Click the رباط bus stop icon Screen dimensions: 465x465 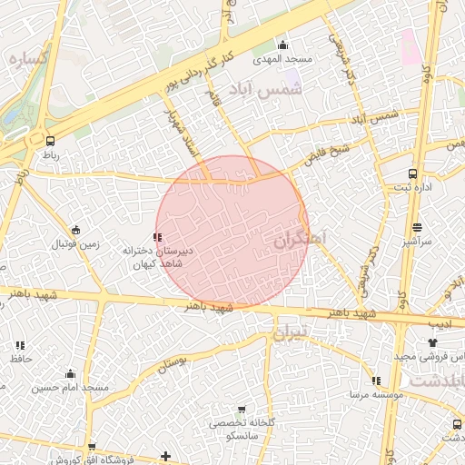pos(49,141)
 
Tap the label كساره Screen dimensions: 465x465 pos(26,57)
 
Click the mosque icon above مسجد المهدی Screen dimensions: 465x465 pos(282,45)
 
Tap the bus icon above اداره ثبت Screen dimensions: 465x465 pos(413,173)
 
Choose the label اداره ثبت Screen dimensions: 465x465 pos(413,187)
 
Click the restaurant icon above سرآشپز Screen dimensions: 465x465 pos(417,228)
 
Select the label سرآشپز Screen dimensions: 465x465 pos(417,242)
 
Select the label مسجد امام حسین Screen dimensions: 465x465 pos(71,388)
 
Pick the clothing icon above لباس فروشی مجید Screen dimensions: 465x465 pos(432,343)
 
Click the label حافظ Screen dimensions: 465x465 pos(20,360)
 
